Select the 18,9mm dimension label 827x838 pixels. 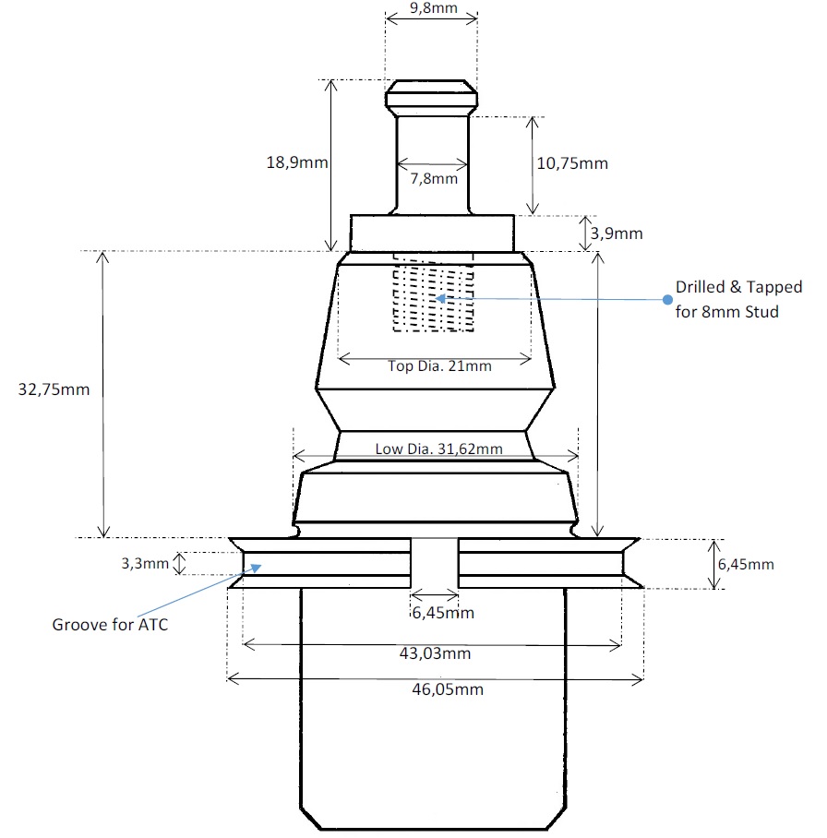[296, 162]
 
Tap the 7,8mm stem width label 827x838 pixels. [433, 178]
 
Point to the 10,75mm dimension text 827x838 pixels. [571, 163]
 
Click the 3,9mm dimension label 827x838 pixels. [616, 233]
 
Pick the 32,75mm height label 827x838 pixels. [54, 389]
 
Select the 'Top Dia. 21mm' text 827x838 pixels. [439, 365]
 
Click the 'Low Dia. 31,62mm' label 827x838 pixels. [438, 449]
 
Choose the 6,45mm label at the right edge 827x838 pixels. [746, 564]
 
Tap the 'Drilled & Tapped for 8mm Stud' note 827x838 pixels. [738, 299]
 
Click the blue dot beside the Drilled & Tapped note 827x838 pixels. [667, 299]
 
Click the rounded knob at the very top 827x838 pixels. [432, 95]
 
